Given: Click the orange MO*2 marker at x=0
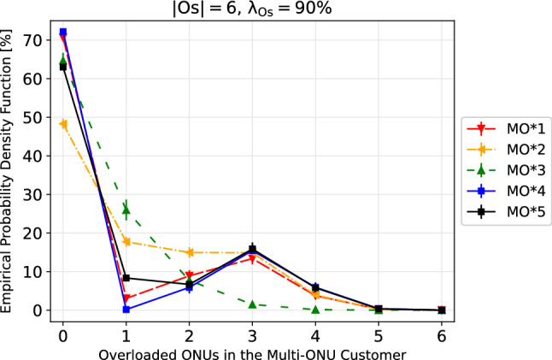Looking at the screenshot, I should pyautogui.click(x=62, y=124).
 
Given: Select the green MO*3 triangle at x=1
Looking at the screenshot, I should pyautogui.click(x=126, y=210).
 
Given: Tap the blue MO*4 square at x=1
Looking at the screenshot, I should pyautogui.click(x=126, y=309).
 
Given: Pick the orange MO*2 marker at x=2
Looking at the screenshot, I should pyautogui.click(x=189, y=252).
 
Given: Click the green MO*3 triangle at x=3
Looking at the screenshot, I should pyautogui.click(x=252, y=304).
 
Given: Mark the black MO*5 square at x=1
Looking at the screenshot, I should pyautogui.click(x=126, y=278).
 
